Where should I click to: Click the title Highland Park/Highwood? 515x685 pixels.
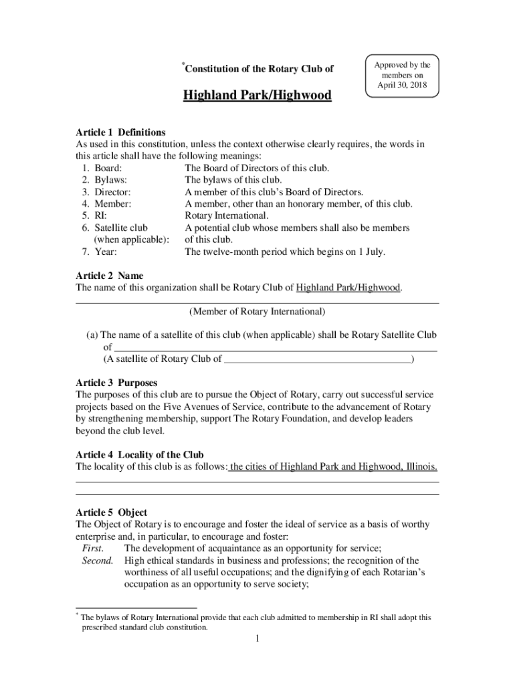coord(257,95)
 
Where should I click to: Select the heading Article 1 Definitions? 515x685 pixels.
coord(120,132)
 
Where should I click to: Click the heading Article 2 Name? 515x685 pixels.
coord(109,276)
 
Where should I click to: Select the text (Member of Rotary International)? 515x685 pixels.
coord(257,311)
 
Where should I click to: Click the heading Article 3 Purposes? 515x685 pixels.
coord(116,383)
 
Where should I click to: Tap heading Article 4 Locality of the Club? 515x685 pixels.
coord(139,454)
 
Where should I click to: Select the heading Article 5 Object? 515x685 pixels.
coord(111,512)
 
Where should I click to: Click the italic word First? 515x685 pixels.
coord(92,549)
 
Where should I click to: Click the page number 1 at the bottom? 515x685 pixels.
coord(257,639)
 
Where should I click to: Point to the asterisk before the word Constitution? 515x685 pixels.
coord(183,65)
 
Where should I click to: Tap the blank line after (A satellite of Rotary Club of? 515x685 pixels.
coord(317,359)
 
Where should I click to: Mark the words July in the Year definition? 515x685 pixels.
coord(375,252)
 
